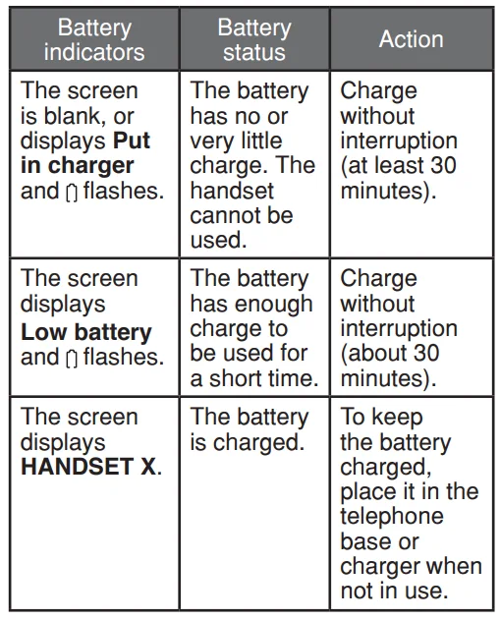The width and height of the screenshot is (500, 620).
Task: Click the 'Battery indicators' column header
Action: point(94,39)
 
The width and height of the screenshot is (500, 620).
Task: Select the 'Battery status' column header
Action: point(253,39)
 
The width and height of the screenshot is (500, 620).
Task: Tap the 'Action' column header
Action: point(411,39)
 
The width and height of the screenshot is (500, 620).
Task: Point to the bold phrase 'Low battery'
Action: point(86,332)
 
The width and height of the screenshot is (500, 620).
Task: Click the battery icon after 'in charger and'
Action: point(72,192)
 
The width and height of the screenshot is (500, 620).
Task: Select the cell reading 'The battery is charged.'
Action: point(250,429)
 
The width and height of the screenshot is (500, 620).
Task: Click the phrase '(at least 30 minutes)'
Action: point(399,178)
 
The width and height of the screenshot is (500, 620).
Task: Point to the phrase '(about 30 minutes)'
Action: point(390,366)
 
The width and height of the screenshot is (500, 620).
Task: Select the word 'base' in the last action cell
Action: point(366,541)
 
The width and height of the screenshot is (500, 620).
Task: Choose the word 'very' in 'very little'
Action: point(212,141)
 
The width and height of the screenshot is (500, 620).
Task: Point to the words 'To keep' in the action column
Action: point(379,417)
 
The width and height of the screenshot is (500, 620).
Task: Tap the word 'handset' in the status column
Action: point(232,191)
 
